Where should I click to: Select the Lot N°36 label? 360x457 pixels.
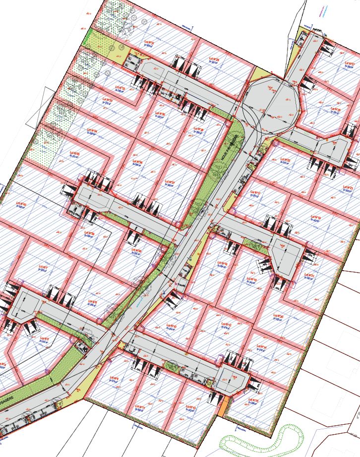(137, 162)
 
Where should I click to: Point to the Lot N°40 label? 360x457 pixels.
(21, 204)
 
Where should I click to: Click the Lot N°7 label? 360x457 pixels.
(43, 268)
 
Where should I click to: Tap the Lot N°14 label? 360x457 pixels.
(262, 347)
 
